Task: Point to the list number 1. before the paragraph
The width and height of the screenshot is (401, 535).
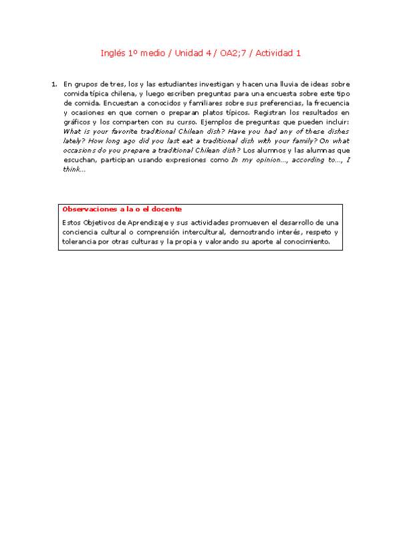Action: click(x=53, y=84)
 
